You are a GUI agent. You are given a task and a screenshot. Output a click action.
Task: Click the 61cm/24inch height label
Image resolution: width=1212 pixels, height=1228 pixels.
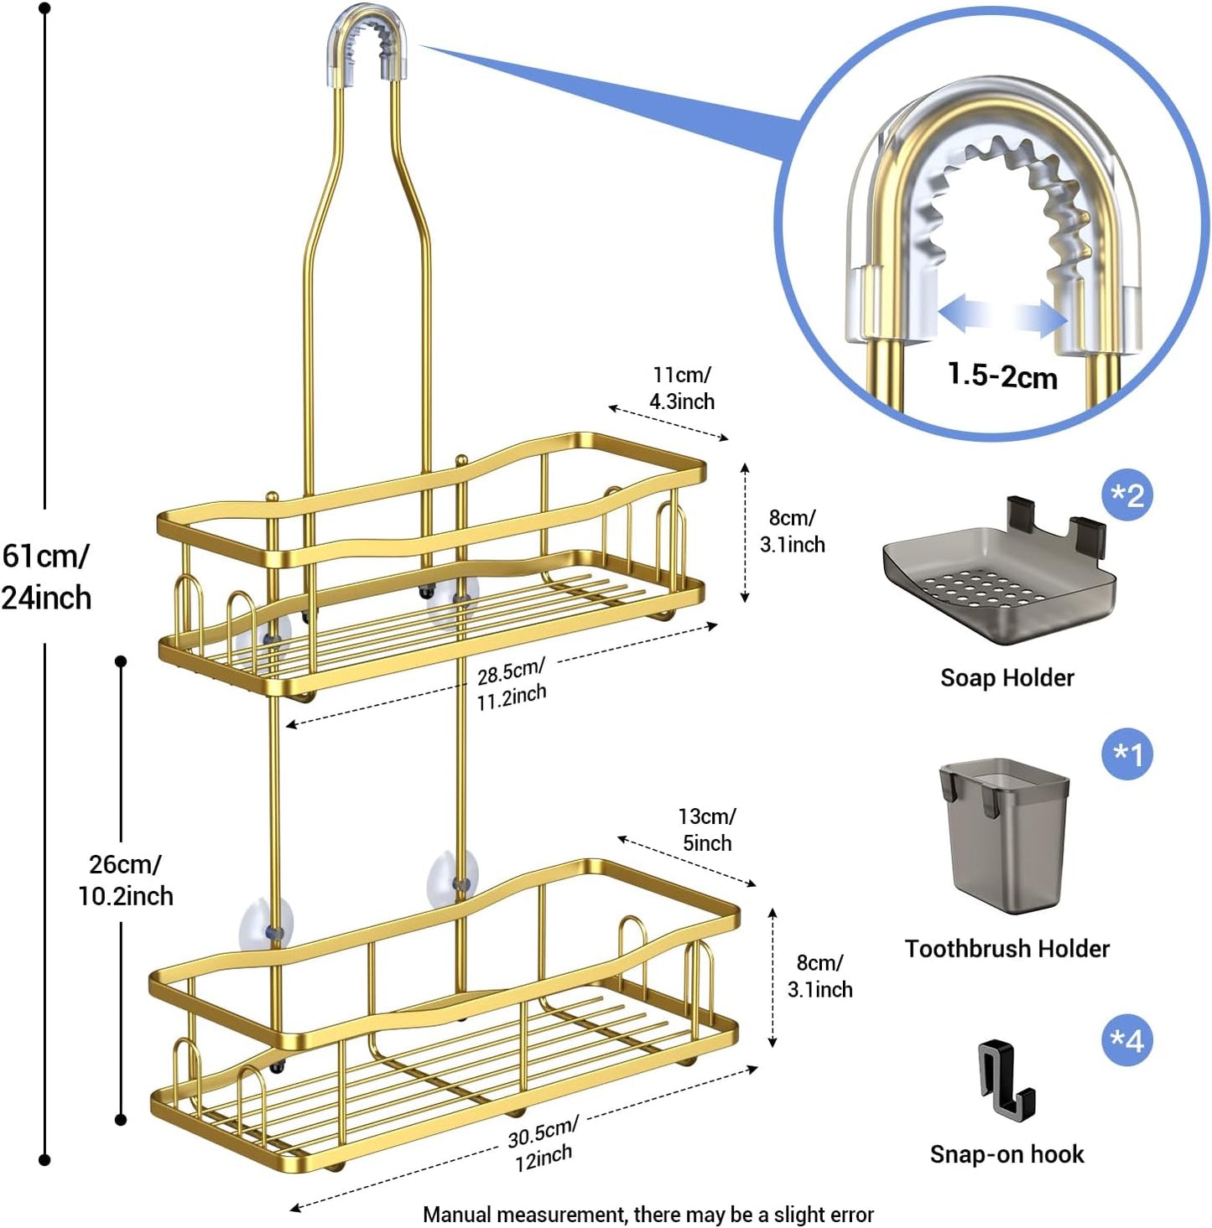[46, 577]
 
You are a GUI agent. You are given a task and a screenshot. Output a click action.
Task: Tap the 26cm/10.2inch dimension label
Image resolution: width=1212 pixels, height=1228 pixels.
[125, 880]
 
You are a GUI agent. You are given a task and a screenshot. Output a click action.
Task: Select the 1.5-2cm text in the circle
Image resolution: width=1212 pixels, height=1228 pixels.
[1001, 375]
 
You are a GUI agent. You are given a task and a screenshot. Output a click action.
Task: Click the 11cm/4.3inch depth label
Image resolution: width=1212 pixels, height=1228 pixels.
[682, 388]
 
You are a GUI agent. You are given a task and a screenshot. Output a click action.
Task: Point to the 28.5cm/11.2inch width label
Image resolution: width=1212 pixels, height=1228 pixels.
[511, 683]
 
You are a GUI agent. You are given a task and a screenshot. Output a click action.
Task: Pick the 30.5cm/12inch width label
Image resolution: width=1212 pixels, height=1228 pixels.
[543, 1144]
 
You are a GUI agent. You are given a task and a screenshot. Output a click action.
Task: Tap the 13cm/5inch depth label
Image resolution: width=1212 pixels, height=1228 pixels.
[706, 829]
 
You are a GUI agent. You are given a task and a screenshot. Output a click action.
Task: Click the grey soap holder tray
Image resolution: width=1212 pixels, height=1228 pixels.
[999, 578]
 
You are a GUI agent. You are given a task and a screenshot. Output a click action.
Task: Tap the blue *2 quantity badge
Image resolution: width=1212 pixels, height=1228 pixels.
[1126, 495]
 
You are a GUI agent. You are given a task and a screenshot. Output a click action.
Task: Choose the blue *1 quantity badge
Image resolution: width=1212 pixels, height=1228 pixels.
[1126, 754]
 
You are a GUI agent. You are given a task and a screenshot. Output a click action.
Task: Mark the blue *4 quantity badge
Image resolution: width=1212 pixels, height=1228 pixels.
[1126, 1040]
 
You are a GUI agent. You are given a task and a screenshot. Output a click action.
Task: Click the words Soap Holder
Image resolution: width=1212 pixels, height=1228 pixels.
[1007, 677]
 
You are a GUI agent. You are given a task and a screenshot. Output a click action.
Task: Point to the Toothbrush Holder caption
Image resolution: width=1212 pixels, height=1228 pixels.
[1007, 948]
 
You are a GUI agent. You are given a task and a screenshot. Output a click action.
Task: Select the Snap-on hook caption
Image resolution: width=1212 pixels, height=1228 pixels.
[1007, 1154]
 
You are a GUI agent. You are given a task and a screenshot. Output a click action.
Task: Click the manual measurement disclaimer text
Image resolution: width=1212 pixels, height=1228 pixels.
[648, 1215]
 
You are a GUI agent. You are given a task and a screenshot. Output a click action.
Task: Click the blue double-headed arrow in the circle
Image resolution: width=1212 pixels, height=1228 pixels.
[1002, 318]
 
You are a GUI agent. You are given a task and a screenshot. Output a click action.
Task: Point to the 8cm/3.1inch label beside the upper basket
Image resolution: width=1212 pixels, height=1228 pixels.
[792, 531]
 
